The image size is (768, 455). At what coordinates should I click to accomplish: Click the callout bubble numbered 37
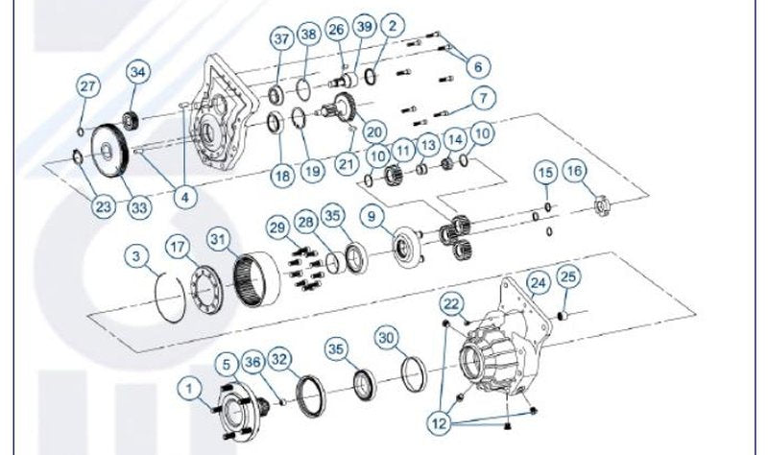(281, 38)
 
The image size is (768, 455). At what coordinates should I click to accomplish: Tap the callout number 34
(138, 72)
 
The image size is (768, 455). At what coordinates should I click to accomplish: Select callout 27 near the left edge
(87, 86)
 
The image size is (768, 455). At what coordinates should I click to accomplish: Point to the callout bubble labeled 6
(478, 66)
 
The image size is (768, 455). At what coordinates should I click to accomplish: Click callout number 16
(574, 171)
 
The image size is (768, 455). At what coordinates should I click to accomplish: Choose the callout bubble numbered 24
(538, 282)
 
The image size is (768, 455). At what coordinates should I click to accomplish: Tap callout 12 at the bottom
(440, 422)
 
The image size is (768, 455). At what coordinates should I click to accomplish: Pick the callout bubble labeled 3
(136, 256)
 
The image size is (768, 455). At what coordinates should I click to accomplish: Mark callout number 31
(219, 240)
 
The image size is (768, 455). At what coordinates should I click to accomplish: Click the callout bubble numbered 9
(372, 216)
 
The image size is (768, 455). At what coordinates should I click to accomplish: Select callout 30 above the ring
(387, 338)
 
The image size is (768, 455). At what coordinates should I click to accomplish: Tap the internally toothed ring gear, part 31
(256, 279)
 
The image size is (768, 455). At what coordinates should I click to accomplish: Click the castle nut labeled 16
(601, 204)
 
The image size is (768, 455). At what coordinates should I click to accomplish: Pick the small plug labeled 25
(563, 316)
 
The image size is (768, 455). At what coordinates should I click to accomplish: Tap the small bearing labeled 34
(132, 121)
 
